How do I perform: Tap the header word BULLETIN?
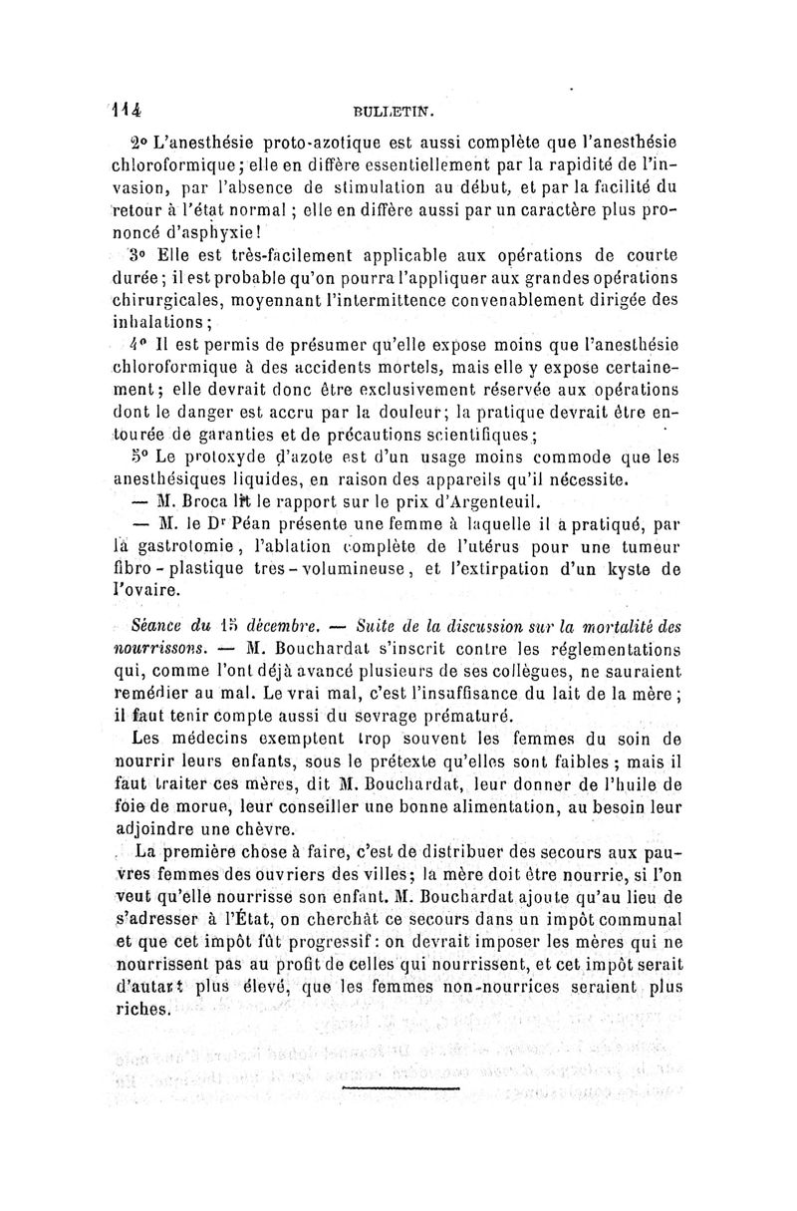click(x=397, y=114)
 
